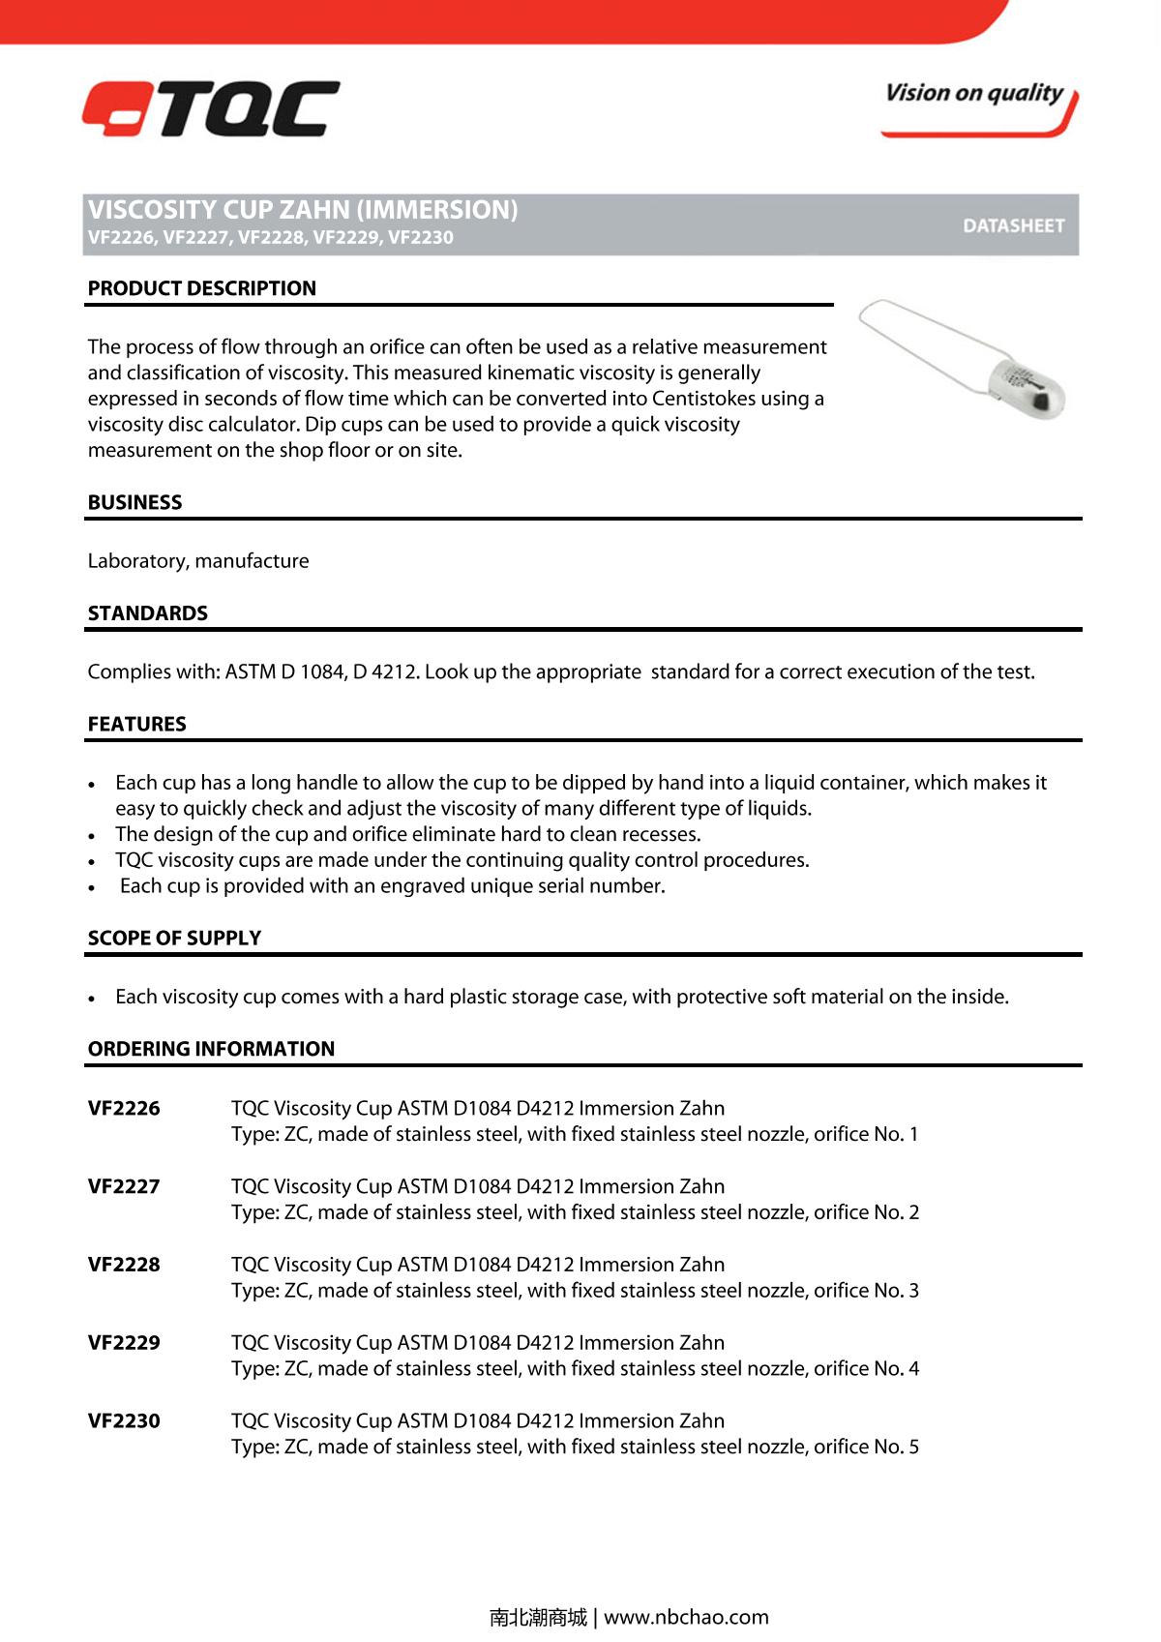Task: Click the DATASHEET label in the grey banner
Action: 1013,225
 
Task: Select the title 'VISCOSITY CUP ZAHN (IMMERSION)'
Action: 303,210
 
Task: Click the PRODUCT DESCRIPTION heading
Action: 201,288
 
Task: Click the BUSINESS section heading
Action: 134,502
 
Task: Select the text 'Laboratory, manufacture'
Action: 198,561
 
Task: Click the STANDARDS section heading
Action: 147,613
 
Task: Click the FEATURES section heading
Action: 136,724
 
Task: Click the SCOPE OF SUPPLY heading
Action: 174,938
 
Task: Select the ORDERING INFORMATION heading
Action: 211,1049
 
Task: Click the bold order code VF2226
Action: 124,1109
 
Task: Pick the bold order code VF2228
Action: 124,1265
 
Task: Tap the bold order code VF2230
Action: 124,1421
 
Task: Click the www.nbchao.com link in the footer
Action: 686,1617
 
